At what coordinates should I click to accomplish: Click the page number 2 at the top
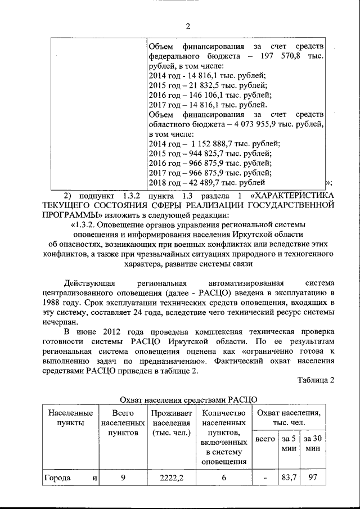188,26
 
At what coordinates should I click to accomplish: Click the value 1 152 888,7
211,144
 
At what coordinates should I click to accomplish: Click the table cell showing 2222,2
171,478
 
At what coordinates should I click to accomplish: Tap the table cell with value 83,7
289,478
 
